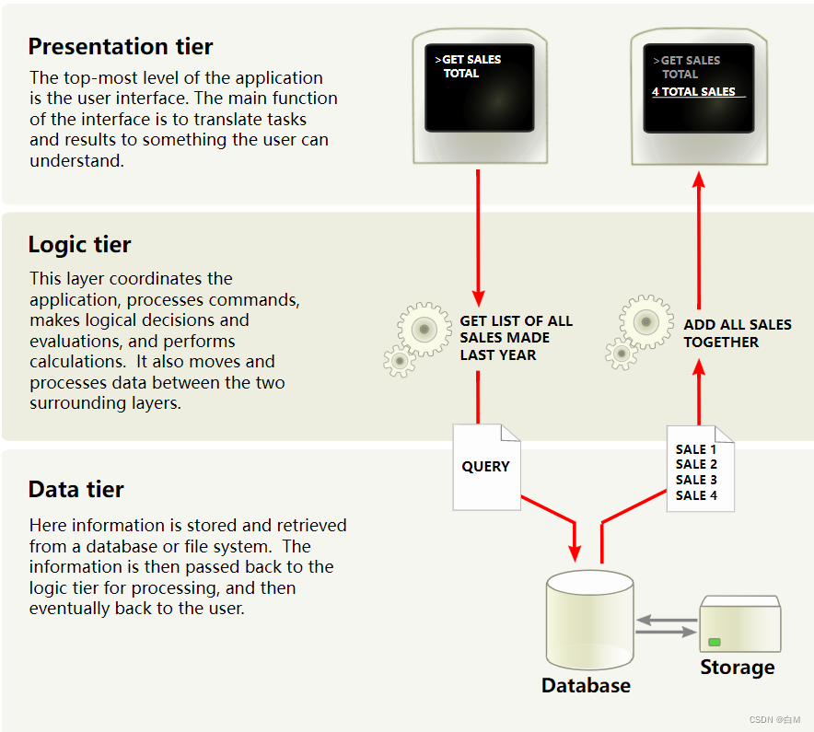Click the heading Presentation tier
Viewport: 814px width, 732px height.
click(121, 46)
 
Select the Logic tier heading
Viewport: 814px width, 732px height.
click(79, 245)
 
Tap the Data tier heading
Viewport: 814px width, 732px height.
click(76, 489)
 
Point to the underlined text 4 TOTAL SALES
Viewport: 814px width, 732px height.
click(694, 92)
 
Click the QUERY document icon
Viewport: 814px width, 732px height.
click(486, 467)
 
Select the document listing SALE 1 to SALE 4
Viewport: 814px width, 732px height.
click(700, 470)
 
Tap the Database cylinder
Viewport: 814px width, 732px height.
click(589, 622)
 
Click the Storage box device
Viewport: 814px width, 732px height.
click(739, 626)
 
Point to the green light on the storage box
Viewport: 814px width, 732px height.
click(714, 642)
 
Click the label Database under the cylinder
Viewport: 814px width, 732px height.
click(586, 686)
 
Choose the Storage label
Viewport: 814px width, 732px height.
click(738, 668)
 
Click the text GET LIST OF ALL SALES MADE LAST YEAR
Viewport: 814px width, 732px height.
click(516, 338)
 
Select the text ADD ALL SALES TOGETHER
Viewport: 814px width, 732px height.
click(737, 333)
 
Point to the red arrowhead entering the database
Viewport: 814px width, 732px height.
click(576, 552)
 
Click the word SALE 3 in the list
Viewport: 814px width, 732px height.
click(696, 480)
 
